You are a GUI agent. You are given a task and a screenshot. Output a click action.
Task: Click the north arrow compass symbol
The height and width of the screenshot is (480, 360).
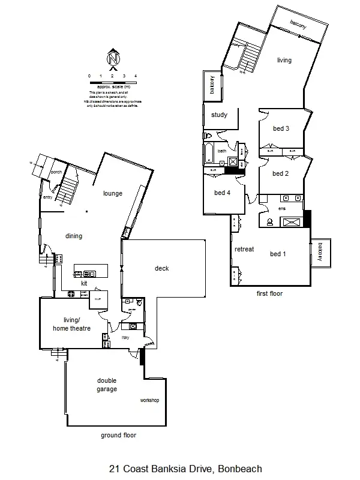click(113, 58)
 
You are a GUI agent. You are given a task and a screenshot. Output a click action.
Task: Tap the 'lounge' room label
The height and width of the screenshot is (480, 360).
click(113, 193)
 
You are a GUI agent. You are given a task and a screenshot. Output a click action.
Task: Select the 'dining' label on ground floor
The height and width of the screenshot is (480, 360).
click(74, 236)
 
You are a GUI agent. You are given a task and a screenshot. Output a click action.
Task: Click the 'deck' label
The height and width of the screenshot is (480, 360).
click(161, 268)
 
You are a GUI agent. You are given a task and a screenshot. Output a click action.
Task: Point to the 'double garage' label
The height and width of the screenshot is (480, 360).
click(107, 385)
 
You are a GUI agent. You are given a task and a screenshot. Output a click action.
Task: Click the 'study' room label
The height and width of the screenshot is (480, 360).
click(219, 115)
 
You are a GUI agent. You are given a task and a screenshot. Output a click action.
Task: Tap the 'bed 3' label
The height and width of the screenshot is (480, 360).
click(281, 128)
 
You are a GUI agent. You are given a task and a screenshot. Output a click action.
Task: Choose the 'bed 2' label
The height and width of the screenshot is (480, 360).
click(281, 174)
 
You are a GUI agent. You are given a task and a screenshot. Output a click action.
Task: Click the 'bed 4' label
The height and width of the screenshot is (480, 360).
click(223, 193)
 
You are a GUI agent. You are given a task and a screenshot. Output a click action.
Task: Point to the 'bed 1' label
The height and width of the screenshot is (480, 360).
click(278, 254)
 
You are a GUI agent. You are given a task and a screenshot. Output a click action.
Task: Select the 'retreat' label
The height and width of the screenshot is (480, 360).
click(244, 249)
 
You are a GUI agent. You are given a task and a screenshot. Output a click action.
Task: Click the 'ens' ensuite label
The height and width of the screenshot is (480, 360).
click(282, 208)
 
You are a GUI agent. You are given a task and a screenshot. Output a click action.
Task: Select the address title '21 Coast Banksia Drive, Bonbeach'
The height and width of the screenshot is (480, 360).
click(185, 469)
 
